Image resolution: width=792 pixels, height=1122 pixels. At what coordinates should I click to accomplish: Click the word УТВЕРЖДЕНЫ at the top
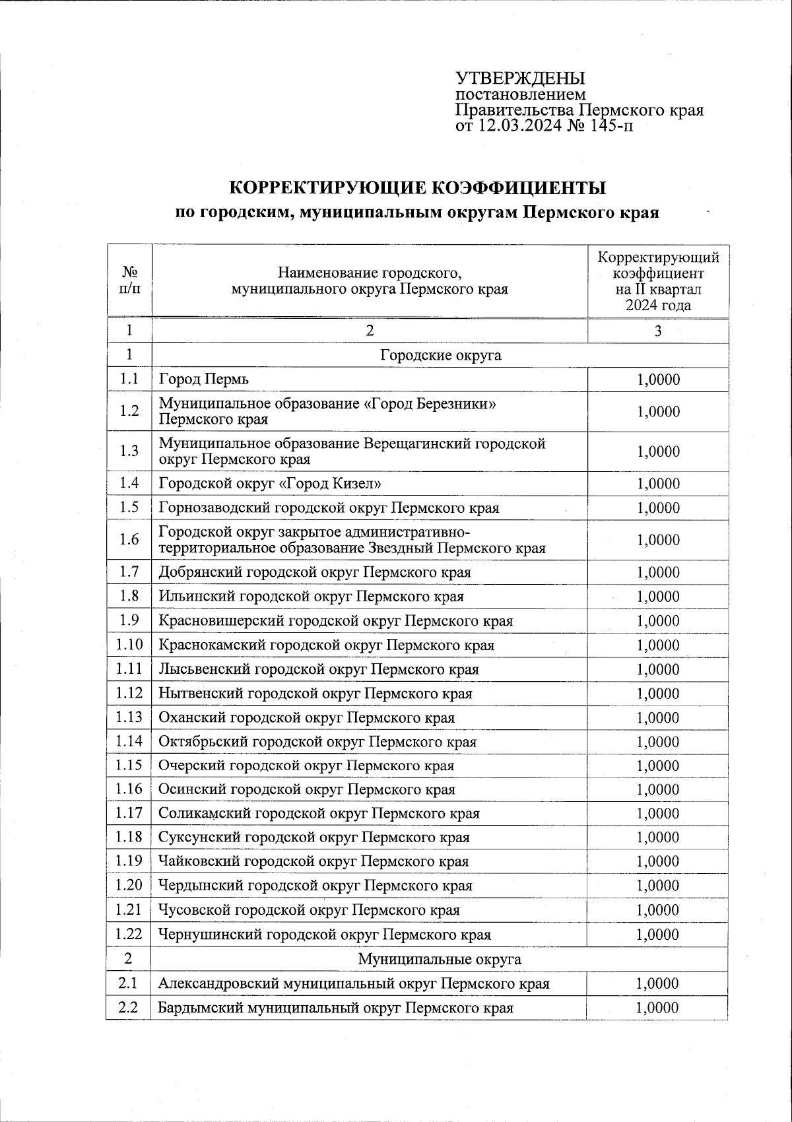[x=520, y=78]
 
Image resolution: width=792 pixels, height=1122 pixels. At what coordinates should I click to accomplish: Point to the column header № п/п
[x=129, y=280]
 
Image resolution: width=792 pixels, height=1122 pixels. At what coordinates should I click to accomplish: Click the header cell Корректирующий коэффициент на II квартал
[x=658, y=280]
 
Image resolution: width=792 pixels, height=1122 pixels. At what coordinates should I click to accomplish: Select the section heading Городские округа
[x=440, y=355]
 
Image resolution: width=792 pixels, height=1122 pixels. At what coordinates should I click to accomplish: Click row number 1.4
[x=129, y=483]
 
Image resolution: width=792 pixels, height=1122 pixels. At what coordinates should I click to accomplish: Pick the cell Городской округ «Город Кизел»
[x=270, y=484]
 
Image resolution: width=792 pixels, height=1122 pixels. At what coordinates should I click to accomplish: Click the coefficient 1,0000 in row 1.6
[x=658, y=540]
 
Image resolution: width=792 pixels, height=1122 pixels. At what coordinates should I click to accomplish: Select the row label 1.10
[x=129, y=645]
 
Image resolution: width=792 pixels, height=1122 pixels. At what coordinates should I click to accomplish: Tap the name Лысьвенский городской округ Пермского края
[x=318, y=669]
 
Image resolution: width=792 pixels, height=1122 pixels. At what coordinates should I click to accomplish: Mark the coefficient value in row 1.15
[x=658, y=766]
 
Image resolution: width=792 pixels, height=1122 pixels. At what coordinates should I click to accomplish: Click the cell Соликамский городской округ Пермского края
[x=319, y=814]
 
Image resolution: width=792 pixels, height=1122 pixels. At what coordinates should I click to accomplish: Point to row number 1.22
[x=129, y=934]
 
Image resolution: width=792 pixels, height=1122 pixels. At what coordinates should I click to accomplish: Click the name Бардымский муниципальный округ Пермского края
[x=335, y=1008]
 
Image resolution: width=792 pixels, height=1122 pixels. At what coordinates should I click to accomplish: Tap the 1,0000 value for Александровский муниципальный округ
[x=657, y=983]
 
